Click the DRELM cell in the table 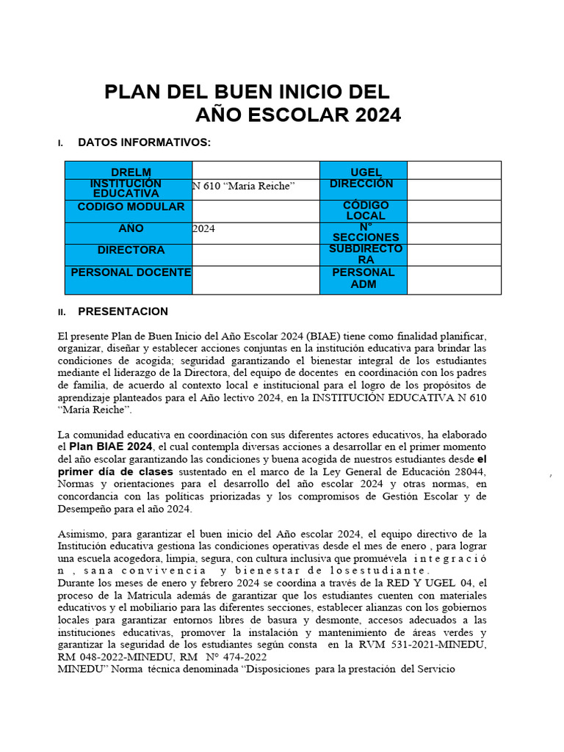point(129,172)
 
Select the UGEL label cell point(364,172)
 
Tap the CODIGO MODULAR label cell point(129,207)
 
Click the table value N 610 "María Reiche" point(244,187)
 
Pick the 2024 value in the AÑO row point(204,229)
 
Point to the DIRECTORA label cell point(129,250)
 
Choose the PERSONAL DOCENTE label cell point(129,272)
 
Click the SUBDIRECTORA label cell point(364,255)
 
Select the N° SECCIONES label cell point(364,233)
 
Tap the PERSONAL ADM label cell point(364,278)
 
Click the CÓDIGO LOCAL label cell point(364,211)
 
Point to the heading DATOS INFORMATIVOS point(145,142)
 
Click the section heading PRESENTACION point(123,311)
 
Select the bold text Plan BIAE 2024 point(111,446)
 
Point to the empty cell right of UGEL point(454,170)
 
